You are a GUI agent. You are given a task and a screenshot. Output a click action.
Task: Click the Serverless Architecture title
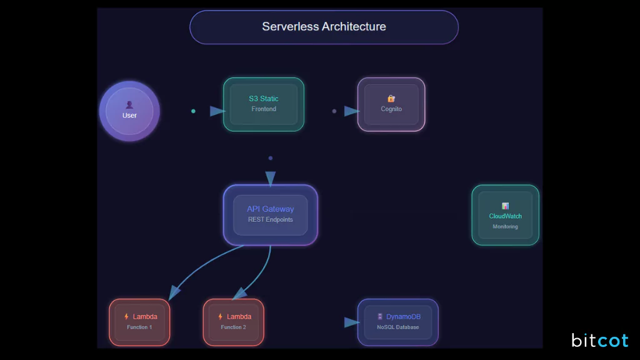pos(324,27)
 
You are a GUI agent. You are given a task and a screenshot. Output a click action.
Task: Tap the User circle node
pos(129,111)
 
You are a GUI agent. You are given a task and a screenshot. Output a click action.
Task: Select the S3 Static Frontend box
pos(264,104)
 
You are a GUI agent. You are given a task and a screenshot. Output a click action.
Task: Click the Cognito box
pos(391,104)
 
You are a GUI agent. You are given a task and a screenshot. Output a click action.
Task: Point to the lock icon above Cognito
pos(391,99)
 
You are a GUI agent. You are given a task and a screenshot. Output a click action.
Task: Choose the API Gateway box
pos(270,214)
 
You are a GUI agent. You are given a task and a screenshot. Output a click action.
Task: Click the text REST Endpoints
pos(270,220)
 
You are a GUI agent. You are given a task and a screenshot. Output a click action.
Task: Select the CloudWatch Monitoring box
pos(505,215)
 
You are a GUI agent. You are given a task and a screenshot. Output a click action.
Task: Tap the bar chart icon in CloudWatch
pos(505,206)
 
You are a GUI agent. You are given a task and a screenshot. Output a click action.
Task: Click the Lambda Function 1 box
pos(139,322)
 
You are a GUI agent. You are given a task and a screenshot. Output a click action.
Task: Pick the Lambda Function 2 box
pos(233,322)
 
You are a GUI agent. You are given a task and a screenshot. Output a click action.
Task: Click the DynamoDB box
pos(398,322)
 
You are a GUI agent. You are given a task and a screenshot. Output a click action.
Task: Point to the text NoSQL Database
pos(398,327)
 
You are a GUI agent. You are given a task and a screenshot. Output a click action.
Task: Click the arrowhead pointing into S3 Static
pos(217,111)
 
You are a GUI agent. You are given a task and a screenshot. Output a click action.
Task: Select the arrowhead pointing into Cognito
pos(352,111)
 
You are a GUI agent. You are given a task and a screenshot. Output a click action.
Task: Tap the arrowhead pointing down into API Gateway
pos(270,179)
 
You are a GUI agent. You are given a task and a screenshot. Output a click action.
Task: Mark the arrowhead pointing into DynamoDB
pos(352,322)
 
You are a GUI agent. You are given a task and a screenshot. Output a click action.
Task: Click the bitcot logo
pos(599,341)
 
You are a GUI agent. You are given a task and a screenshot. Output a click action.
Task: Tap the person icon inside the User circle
pos(129,105)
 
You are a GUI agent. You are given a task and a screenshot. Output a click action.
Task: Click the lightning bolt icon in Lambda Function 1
pos(126,317)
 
